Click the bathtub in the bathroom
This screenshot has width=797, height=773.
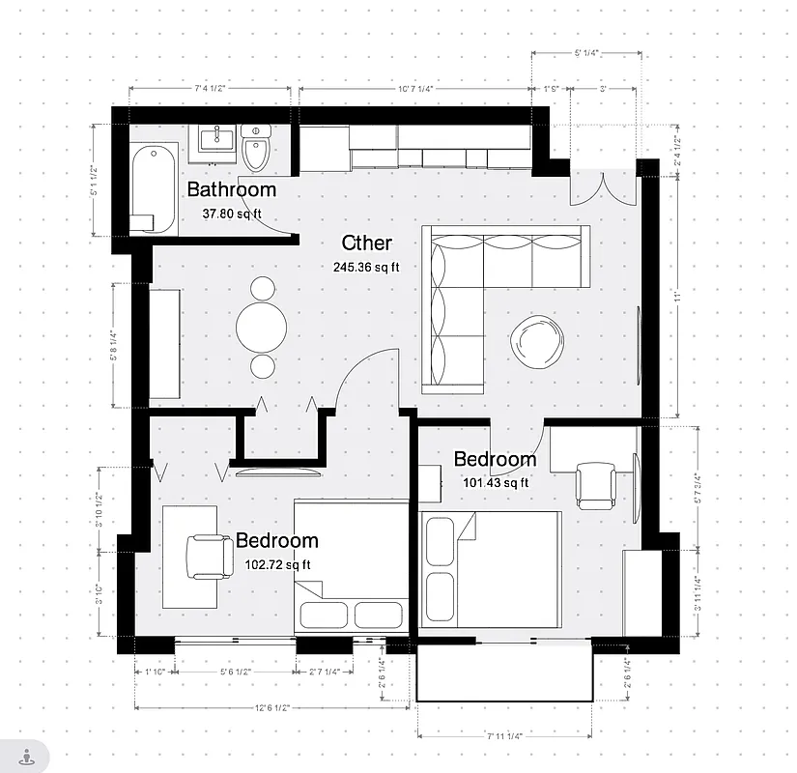coord(154,187)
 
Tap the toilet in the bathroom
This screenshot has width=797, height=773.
coord(256,149)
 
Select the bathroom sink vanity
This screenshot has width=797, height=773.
coord(216,140)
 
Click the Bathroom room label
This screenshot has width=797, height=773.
coord(232,189)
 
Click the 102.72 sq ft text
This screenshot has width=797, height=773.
coord(276,564)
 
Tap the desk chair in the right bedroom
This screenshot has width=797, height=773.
coord(596,484)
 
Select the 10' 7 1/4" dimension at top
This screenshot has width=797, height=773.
coord(415,89)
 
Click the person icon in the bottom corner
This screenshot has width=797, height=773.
coord(26,757)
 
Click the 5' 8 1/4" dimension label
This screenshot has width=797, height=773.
coord(114,345)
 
